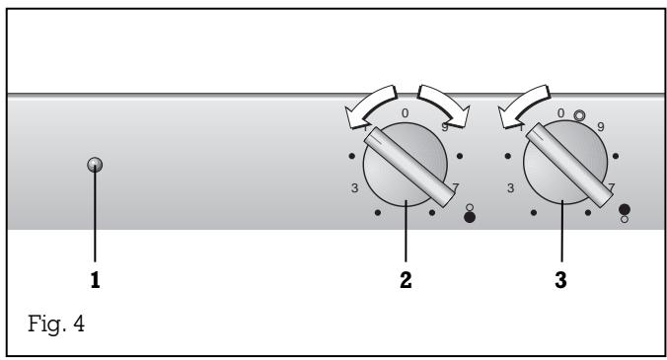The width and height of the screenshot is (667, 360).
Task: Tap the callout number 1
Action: [95, 280]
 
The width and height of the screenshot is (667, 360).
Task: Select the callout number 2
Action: [406, 280]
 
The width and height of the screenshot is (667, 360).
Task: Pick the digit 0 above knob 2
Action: [405, 115]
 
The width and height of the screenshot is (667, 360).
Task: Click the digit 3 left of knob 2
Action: [354, 187]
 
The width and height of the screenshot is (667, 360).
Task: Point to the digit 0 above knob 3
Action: [560, 113]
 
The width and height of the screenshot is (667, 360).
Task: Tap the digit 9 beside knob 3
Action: [601, 126]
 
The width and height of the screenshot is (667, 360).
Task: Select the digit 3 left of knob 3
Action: [511, 187]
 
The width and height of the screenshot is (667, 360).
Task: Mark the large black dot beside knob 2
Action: [468, 217]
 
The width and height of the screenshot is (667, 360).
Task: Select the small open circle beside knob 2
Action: [468, 205]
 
